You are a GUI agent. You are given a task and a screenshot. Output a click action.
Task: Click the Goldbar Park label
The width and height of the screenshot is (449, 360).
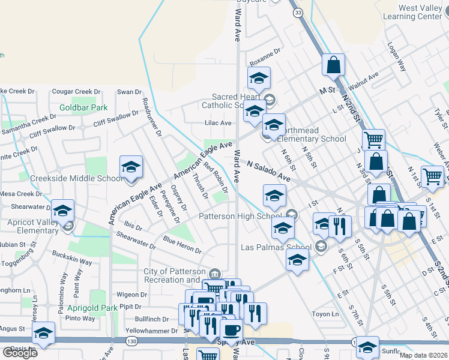[83, 108]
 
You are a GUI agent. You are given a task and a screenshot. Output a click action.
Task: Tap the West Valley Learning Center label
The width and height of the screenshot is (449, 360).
[420, 13]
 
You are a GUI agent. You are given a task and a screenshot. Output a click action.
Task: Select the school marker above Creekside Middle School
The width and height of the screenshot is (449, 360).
[131, 167]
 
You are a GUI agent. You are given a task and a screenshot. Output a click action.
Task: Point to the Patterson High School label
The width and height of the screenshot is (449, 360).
[240, 216]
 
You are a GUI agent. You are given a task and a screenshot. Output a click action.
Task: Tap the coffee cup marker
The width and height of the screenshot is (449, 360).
[231, 329]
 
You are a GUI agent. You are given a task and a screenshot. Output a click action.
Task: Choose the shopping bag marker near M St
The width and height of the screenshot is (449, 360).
[333, 65]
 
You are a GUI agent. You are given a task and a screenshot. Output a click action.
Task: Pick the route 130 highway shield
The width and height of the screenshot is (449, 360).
[131, 340]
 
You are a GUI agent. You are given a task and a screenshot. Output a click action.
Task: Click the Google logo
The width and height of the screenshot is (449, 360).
[20, 353]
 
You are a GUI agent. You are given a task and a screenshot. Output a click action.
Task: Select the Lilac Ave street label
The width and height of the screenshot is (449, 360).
[218, 123]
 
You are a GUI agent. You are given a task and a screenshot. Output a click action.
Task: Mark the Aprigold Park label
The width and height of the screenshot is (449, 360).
[92, 308]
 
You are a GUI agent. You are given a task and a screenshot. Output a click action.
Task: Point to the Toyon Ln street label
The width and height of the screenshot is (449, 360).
[326, 314]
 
